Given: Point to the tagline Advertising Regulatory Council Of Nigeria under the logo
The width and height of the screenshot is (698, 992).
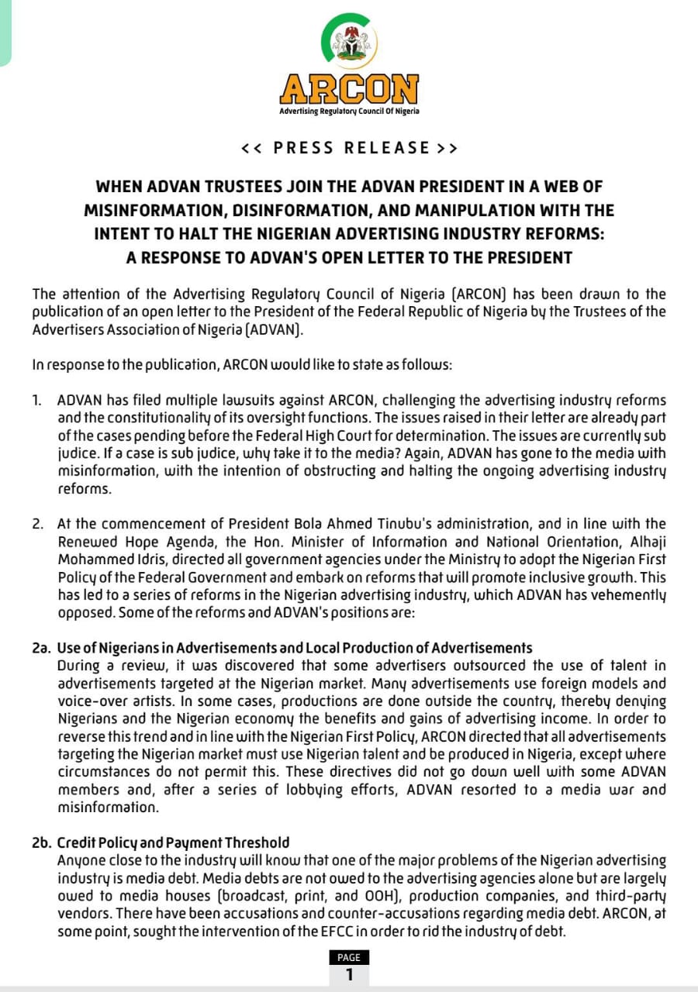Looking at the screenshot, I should (349, 112).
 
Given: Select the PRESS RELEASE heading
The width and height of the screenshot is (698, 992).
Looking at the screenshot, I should (349, 148).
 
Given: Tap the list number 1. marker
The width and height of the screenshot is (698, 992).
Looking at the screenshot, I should (37, 401).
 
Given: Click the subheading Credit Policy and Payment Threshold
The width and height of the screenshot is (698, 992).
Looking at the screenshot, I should (173, 842).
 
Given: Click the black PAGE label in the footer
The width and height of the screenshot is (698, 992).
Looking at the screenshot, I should (349, 957).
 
